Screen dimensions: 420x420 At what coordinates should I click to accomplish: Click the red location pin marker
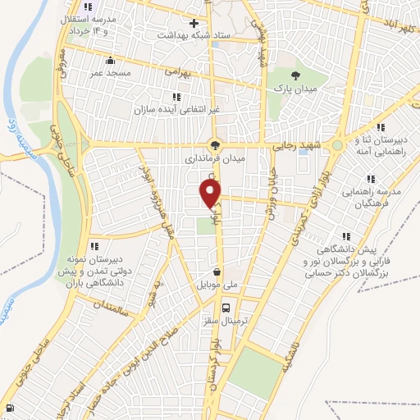(x=212, y=194)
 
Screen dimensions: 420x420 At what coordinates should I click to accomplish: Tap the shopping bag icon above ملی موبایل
(x=216, y=272)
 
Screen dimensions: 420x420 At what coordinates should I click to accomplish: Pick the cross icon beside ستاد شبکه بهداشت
(x=194, y=23)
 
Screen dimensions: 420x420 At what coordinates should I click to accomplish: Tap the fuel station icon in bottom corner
(x=9, y=409)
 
